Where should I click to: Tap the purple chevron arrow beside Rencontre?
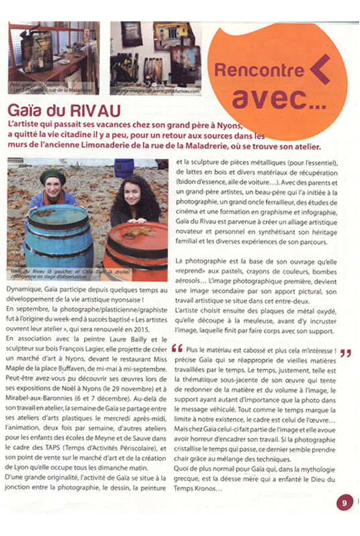tap(320, 69)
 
